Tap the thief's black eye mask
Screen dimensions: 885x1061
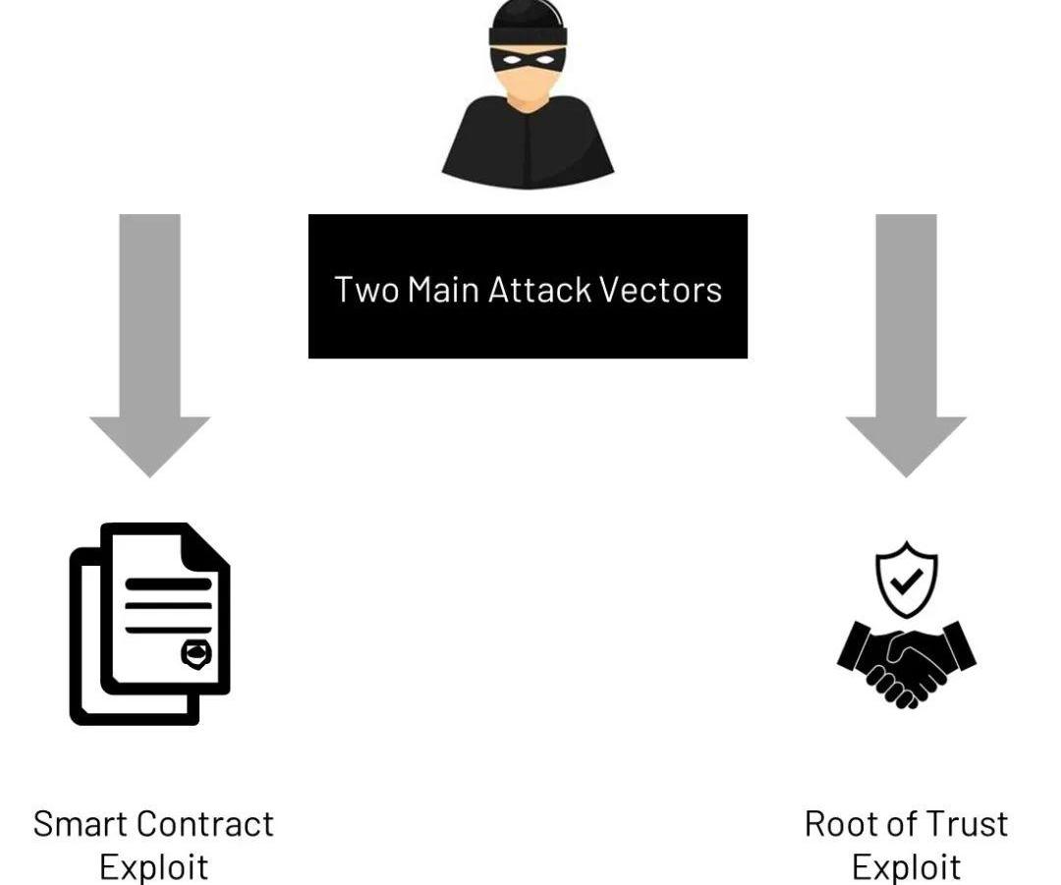528,58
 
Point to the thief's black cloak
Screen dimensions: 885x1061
528,147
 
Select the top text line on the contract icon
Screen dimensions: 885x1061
168,583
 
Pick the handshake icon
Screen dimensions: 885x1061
906,663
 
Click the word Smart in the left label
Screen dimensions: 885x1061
78,823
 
